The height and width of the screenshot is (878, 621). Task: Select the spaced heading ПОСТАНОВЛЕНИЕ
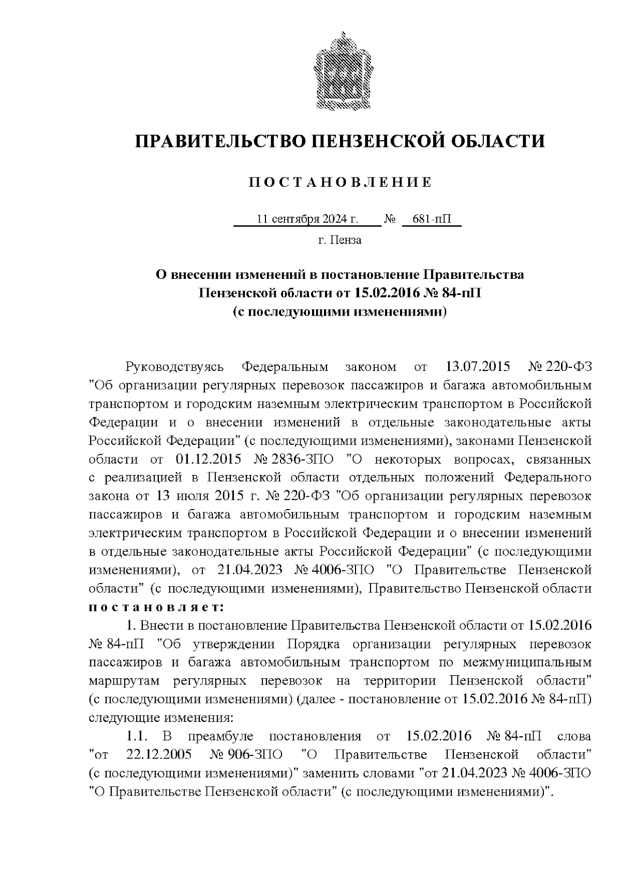340,182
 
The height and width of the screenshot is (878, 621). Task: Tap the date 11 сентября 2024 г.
307,219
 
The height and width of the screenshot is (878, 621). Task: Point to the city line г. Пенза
339,240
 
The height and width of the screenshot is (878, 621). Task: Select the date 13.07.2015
477,367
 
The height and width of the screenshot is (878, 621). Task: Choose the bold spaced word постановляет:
156,606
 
